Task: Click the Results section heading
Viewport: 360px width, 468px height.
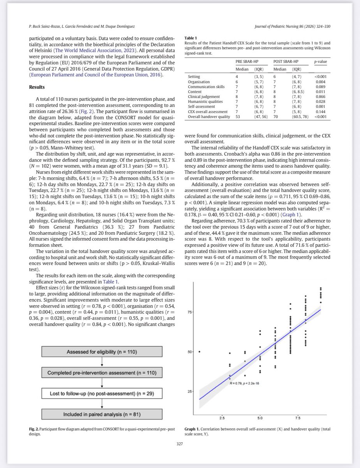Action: (39, 87)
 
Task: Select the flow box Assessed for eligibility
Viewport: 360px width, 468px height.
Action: (102, 352)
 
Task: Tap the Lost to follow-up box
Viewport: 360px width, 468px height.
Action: (102, 394)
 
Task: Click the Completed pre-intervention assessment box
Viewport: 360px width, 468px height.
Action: (102, 373)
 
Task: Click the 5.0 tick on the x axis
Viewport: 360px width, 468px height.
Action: (260, 418)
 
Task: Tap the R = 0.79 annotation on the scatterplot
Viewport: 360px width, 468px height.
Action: (242, 383)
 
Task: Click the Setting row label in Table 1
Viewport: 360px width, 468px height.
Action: (194, 77)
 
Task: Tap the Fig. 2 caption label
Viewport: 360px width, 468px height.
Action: (34, 429)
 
